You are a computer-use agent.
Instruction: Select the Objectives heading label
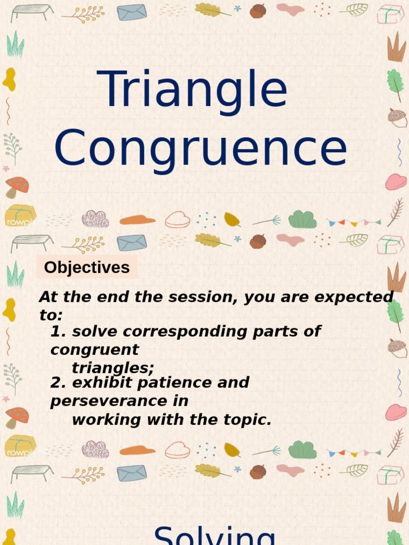87,267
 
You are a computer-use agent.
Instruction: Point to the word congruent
94,350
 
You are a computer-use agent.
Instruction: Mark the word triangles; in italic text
113,368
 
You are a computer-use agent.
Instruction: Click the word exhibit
97,383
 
